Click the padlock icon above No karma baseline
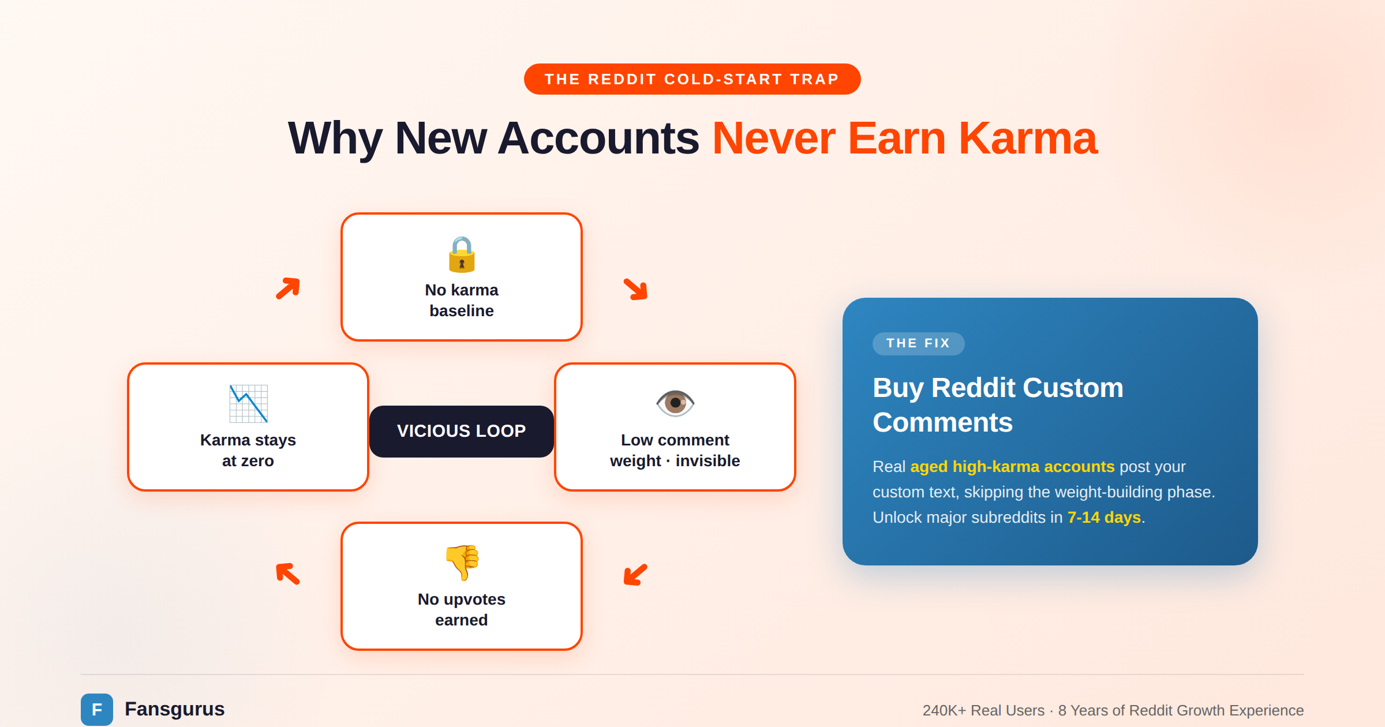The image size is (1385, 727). click(462, 254)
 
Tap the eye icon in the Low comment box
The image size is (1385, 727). click(675, 403)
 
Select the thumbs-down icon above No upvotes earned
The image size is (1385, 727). click(462, 562)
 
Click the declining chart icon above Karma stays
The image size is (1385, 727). click(248, 403)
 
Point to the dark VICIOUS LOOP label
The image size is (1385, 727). click(461, 431)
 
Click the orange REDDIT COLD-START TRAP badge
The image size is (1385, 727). click(692, 79)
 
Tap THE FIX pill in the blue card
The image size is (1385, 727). click(918, 343)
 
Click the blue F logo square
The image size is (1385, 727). click(97, 709)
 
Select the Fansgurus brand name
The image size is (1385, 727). click(174, 709)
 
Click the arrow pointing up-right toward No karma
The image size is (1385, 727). click(288, 288)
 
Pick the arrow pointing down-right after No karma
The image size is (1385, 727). click(636, 288)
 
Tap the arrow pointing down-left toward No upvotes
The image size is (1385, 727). click(636, 575)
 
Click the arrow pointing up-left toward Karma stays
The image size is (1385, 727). click(288, 574)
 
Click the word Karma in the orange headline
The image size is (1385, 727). click(1027, 138)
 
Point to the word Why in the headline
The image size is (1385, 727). click(335, 138)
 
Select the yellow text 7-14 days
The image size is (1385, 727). click(1104, 517)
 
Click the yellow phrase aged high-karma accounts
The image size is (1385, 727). click(1012, 466)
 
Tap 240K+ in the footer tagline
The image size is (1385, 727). click(944, 710)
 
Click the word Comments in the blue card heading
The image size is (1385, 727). click(942, 422)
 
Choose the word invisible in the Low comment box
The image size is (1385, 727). click(708, 461)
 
